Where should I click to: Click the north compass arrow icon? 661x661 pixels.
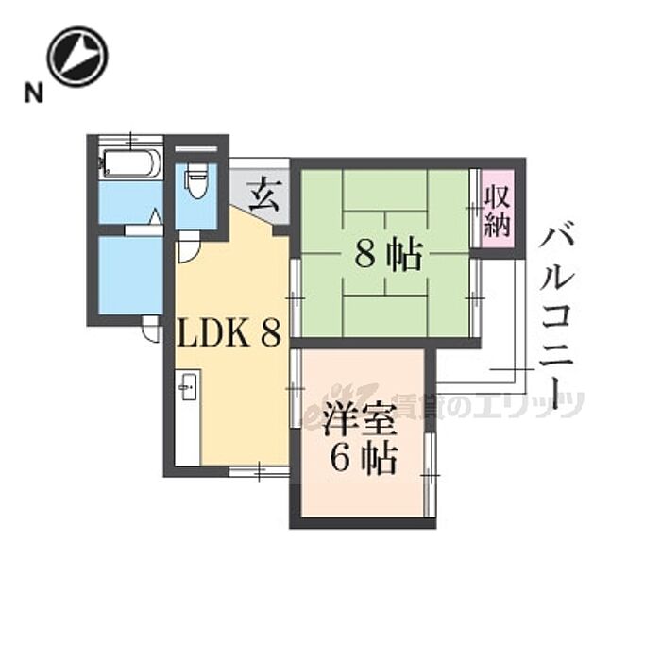click(x=77, y=56)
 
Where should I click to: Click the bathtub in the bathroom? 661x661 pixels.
click(x=129, y=164)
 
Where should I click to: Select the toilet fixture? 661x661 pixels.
click(x=196, y=179)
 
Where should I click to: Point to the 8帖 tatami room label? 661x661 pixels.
click(x=387, y=255)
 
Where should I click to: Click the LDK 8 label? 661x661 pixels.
click(x=229, y=332)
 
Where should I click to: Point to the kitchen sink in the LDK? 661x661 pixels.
click(x=186, y=387)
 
